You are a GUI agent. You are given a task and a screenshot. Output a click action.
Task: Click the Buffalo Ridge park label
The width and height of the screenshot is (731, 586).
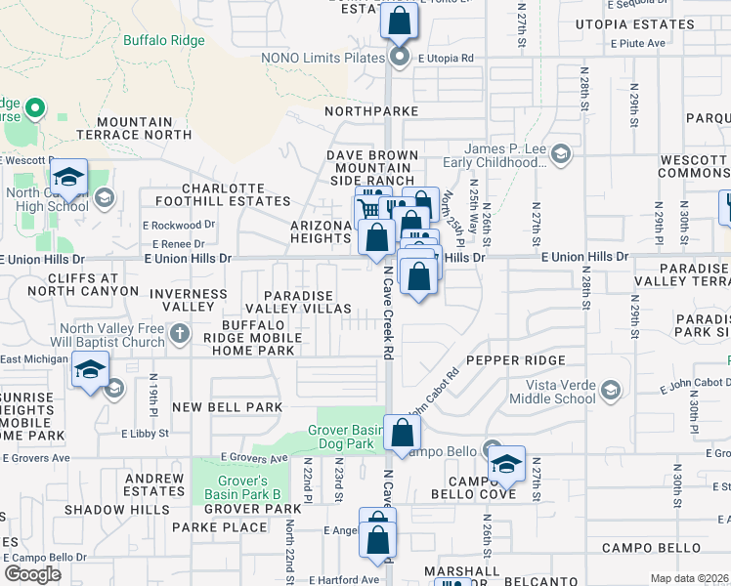click(164, 41)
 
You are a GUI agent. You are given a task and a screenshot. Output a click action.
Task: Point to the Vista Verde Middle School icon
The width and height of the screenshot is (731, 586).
click(612, 391)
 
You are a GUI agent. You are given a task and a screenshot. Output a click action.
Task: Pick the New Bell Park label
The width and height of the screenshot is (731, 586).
click(227, 406)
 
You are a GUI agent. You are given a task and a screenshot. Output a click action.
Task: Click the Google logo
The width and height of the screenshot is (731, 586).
click(32, 573)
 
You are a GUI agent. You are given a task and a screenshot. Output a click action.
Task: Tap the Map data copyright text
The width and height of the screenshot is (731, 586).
click(689, 578)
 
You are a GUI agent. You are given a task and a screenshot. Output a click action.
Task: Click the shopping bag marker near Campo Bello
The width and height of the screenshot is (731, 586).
click(402, 433)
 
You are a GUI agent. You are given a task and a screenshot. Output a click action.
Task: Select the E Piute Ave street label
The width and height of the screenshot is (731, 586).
click(639, 44)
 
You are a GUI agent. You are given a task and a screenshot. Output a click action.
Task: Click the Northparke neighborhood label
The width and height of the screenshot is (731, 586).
click(371, 112)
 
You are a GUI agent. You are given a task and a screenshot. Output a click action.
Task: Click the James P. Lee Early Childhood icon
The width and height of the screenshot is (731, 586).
click(562, 153)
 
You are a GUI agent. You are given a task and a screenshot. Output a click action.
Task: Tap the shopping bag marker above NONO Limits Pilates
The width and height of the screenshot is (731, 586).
click(399, 21)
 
